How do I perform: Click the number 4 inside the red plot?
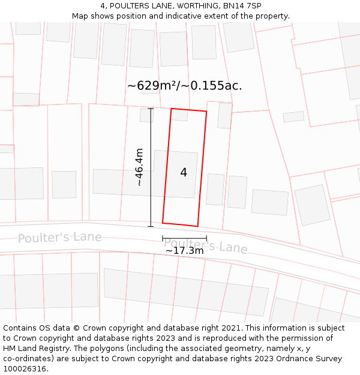point(184,173)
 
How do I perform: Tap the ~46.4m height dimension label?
point(139,167)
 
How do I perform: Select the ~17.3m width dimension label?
point(184,250)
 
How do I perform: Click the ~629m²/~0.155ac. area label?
point(184,86)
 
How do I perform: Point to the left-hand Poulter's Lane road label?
point(59,237)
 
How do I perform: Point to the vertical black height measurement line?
point(151,180)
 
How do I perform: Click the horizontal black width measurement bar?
point(184,239)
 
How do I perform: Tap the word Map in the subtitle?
point(80,16)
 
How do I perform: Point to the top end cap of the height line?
point(151,109)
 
